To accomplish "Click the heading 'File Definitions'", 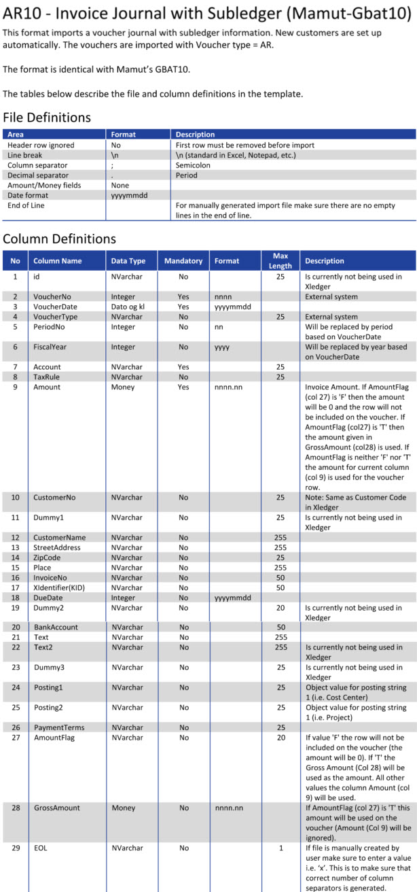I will click(47, 117).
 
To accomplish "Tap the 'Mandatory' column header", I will click(183, 260).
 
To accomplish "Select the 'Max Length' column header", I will click(280, 260).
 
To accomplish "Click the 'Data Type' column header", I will click(128, 260).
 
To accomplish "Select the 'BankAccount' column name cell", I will click(56, 626).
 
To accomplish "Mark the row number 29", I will click(15, 848).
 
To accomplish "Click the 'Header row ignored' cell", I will click(41, 145).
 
